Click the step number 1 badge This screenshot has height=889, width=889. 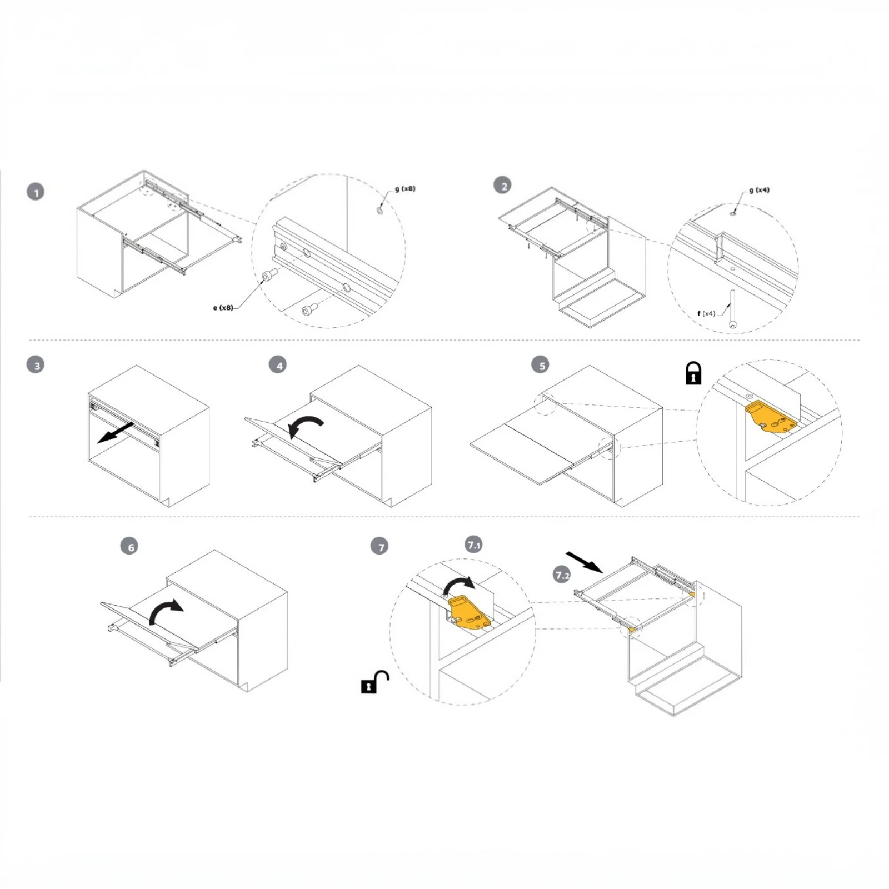coord(36,192)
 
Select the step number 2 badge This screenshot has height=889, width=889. coord(503,185)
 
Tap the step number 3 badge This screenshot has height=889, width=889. coord(36,365)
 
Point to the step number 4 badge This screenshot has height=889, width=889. coord(278,365)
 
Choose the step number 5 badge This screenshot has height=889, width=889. coord(541,364)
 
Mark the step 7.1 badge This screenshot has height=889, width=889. coord(473,545)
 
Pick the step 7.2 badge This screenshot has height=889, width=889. coord(562,575)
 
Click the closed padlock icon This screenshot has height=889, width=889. coord(693,373)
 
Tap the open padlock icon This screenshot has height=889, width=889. coord(375,682)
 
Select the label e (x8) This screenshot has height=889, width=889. coord(223,308)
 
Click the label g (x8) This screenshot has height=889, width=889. coord(405,189)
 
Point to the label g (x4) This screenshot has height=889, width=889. coord(759,190)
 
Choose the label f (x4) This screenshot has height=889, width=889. coord(706,313)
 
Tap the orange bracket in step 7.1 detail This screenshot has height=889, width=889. coord(469,612)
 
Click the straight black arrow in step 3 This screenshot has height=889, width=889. coord(116,433)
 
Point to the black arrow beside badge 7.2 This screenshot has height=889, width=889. coord(585,562)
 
